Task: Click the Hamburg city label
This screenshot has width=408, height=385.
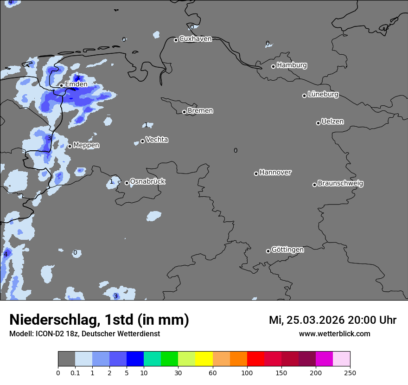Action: [x=292, y=65]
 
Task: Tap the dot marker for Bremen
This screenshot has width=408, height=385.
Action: [x=184, y=112]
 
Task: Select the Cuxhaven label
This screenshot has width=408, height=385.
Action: [x=195, y=39]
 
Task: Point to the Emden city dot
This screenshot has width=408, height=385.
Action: [x=61, y=85]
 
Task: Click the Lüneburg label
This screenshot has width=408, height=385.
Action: [x=323, y=95]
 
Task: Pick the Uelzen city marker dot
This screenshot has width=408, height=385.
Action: [x=318, y=123]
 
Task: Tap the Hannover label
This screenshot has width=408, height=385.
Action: [x=275, y=173]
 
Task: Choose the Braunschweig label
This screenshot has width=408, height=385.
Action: [x=340, y=184]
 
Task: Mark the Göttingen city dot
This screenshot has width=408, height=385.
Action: [x=268, y=251]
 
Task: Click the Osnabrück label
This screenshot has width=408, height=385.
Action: [x=147, y=182]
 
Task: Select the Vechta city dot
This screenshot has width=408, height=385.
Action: [x=142, y=141]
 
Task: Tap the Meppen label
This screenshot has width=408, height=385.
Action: [x=86, y=145]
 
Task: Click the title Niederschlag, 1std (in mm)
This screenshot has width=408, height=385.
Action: [x=99, y=320]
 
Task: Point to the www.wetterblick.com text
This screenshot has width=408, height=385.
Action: [x=334, y=334]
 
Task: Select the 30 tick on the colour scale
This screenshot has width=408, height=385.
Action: [x=178, y=372]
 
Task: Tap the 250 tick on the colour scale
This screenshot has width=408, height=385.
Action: [x=350, y=372]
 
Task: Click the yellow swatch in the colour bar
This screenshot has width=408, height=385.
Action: [x=204, y=359]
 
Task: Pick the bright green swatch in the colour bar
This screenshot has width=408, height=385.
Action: [x=170, y=359]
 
